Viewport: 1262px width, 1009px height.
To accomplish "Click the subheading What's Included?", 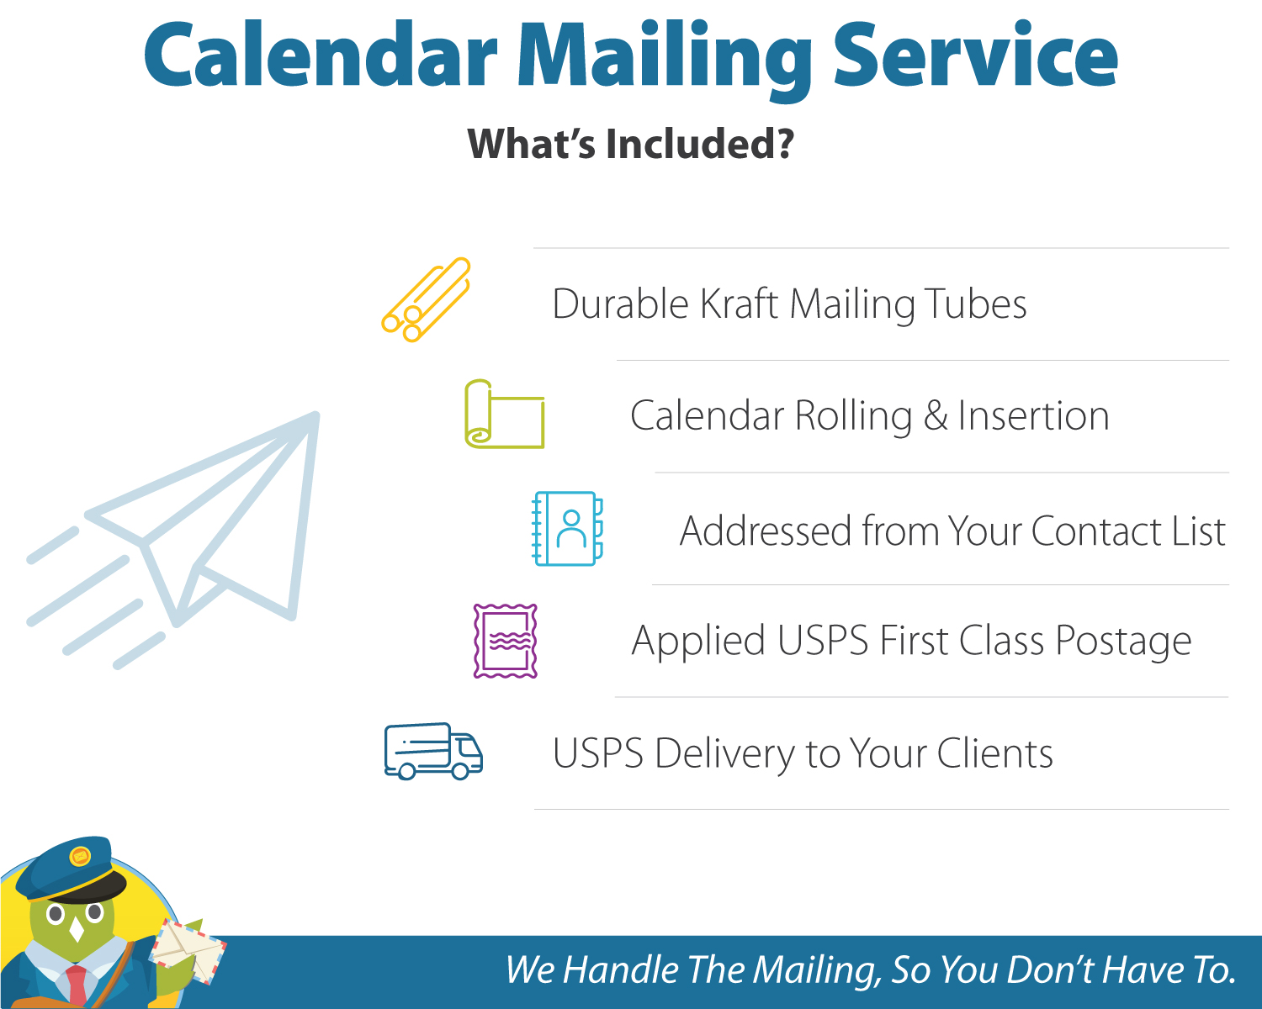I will [630, 144].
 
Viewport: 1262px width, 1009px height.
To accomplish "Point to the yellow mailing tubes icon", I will [426, 299].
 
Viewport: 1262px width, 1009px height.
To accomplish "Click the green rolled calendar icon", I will [504, 414].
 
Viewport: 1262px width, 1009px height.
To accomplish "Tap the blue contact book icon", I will [568, 529].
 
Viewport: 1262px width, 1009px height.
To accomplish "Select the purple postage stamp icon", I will [505, 641].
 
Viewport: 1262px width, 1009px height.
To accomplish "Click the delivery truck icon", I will [433, 751].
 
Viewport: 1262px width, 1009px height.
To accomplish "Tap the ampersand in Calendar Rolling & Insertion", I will [936, 415].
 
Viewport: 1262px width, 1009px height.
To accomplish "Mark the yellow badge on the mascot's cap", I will [80, 856].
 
